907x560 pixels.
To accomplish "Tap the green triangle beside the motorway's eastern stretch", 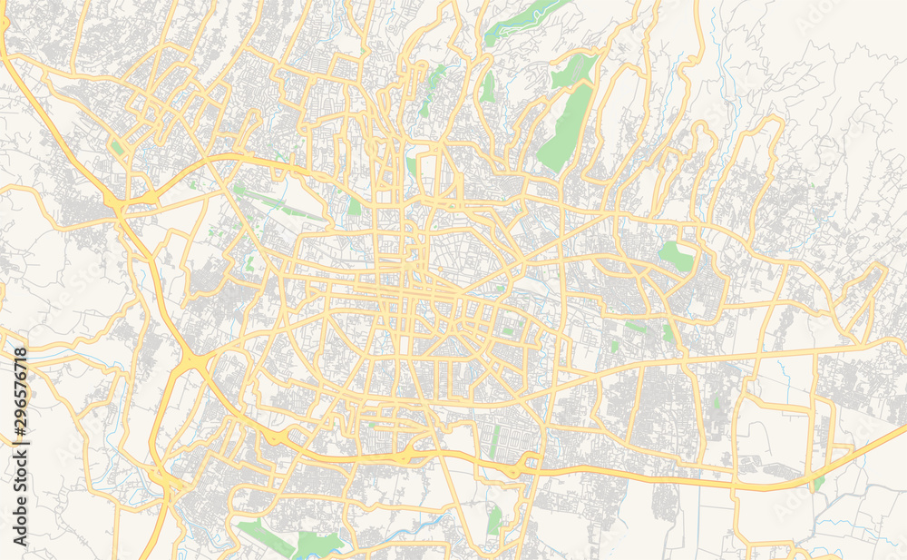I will point(819,483).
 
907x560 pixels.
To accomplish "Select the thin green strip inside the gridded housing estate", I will point(494,441).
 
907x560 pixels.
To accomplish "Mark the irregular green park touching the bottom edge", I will point(317,544).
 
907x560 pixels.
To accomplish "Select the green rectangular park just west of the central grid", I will point(354,206).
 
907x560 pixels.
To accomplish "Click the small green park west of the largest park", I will point(489,87).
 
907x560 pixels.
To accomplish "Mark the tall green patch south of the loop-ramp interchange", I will point(493,521).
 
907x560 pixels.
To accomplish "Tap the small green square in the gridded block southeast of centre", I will point(508,331).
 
